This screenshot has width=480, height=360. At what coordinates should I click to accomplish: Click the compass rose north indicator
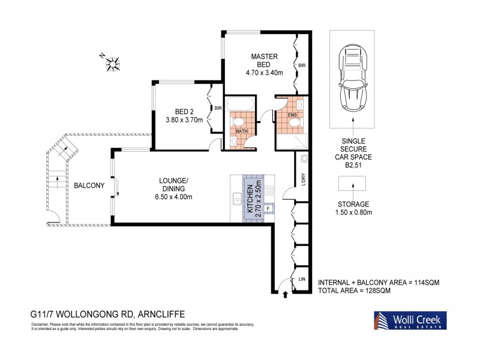pos(112,61)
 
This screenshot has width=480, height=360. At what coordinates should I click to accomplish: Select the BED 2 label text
pos(183,112)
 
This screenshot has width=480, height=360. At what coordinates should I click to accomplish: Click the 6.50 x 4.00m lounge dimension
pos(173,197)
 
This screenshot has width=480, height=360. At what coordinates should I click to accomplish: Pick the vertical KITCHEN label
pos(250,197)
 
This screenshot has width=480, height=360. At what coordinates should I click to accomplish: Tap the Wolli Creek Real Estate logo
pos(409,320)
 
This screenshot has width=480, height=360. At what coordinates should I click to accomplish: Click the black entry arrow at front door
pos(285,293)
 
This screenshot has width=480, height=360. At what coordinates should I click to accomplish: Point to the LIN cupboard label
pos(302,278)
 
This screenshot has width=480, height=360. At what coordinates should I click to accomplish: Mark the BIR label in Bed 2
pos(218,108)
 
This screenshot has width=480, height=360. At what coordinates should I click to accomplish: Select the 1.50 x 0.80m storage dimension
pos(353,212)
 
